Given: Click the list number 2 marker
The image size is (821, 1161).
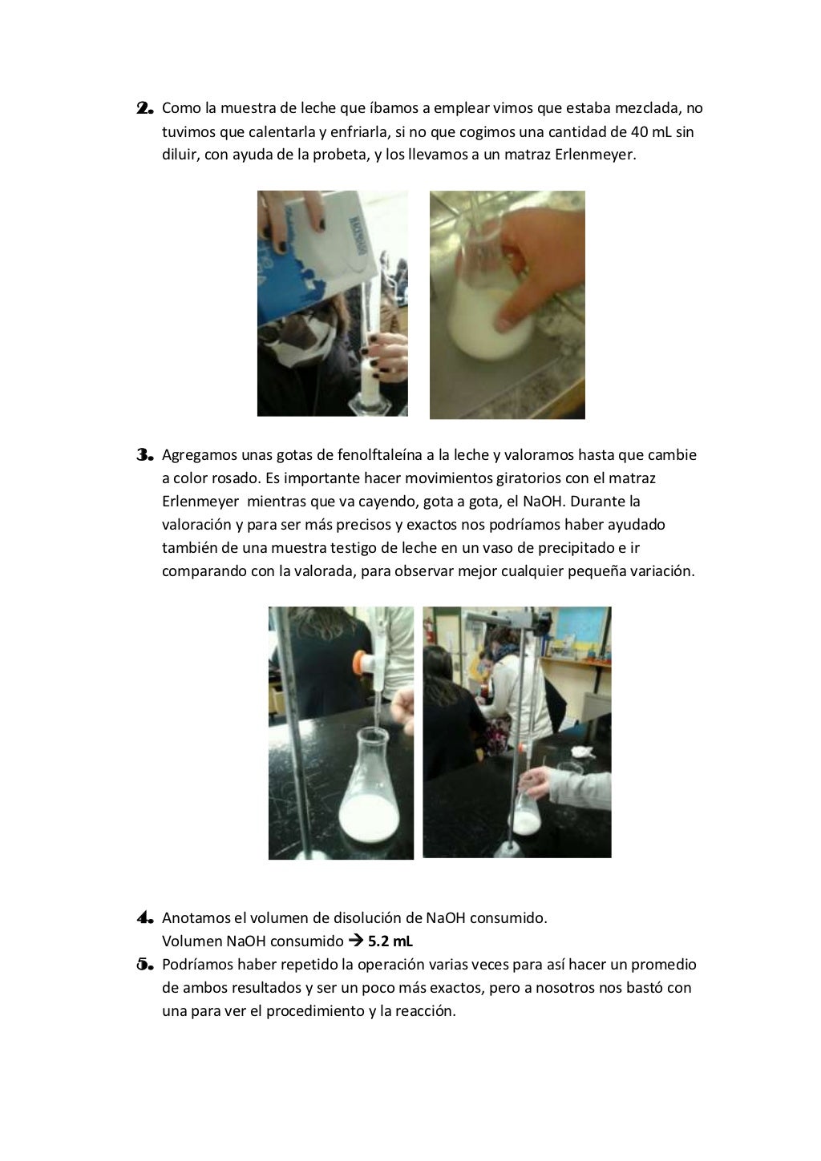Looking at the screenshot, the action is [x=144, y=108].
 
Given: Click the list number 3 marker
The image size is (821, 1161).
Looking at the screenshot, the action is [x=144, y=455].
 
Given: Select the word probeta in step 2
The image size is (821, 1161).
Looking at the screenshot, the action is [x=339, y=155].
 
